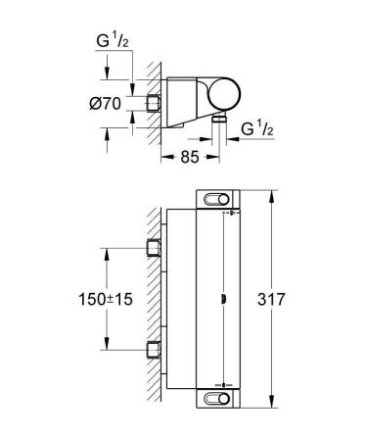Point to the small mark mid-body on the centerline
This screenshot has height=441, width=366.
coord(225,298)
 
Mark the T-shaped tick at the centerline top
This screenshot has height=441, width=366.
coord(226,209)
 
